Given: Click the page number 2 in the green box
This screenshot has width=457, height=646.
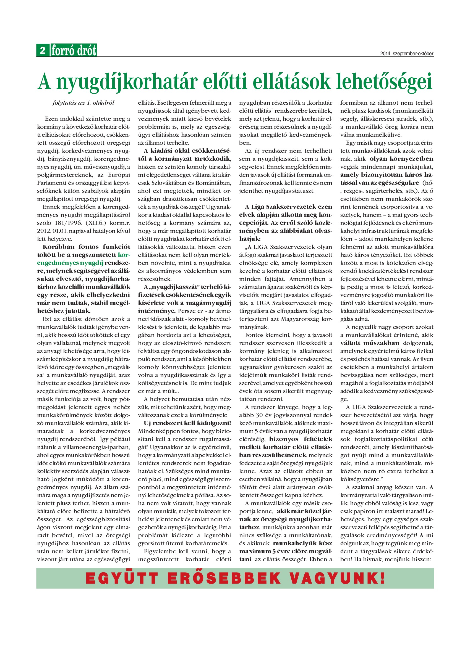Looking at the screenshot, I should click(x=43, y=50).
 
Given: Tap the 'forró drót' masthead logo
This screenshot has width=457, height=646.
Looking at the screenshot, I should click(x=74, y=51).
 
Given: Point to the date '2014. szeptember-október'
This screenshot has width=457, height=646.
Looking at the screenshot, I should click(x=407, y=54).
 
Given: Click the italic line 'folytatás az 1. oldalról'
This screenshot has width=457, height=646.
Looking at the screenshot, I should click(x=83, y=103).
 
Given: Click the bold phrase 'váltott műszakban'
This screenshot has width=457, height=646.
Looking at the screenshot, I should click(x=369, y=343).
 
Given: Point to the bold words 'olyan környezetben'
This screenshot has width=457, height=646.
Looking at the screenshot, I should click(x=401, y=159).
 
